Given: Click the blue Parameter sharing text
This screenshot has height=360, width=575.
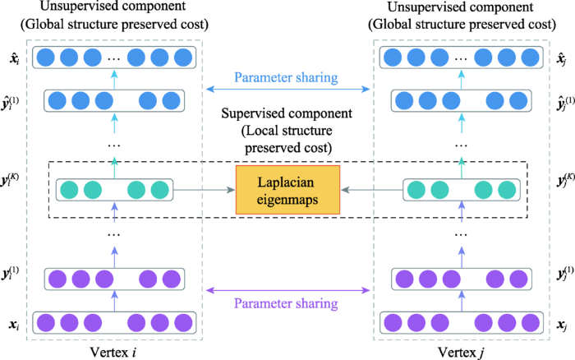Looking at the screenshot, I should point(289,80).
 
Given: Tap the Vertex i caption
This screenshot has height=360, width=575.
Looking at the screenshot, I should point(113,348).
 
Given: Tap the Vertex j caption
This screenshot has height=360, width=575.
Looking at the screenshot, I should point(462,348).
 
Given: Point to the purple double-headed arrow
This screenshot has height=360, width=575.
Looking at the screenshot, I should point(289,288).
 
